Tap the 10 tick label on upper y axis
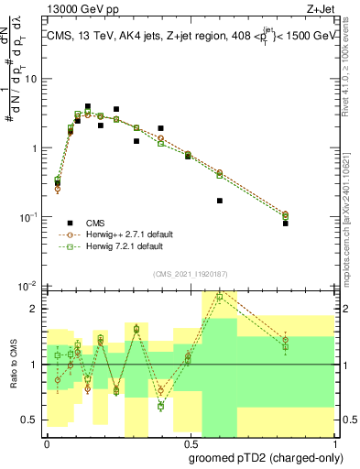point(29,79)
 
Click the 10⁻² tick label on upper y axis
point(27,286)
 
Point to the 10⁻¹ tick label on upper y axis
point(27,217)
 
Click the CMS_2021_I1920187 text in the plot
point(190,273)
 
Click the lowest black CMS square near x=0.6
point(219,201)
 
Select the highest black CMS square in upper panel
point(88,106)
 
